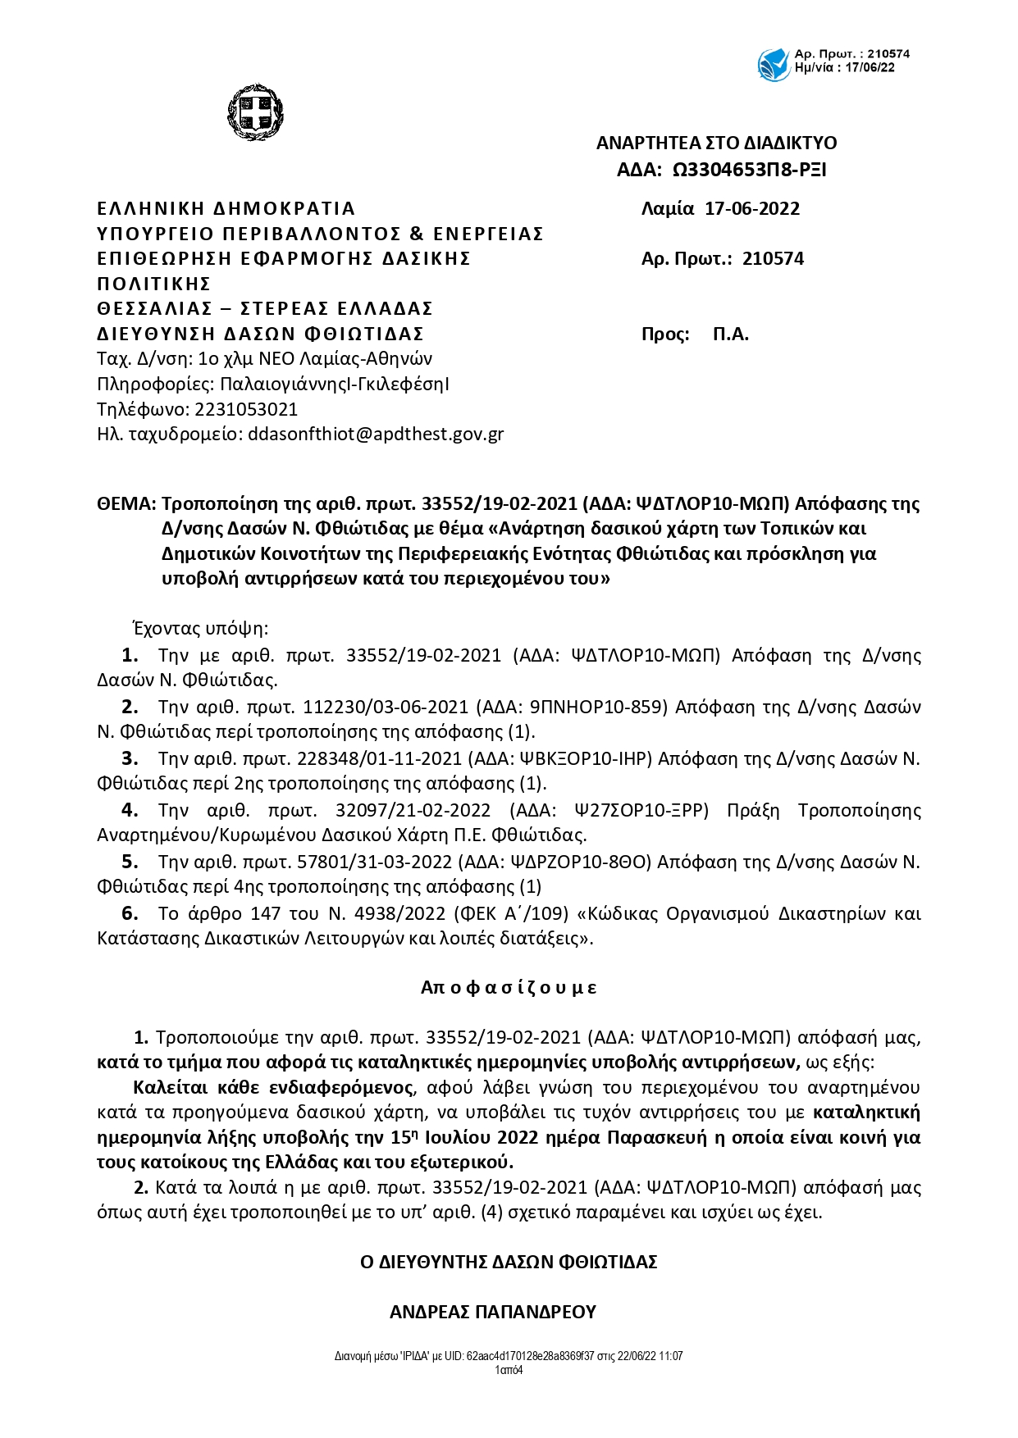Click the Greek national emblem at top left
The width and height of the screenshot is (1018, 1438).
tap(254, 112)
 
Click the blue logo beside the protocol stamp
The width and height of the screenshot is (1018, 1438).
tap(774, 64)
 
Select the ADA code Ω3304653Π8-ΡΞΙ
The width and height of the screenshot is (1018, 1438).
tap(749, 170)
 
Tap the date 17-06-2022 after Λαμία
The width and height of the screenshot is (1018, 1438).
tap(752, 208)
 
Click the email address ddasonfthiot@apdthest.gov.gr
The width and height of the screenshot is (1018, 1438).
tap(376, 434)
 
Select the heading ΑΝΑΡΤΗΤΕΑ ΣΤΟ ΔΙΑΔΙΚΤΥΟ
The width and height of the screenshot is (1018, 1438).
tap(716, 143)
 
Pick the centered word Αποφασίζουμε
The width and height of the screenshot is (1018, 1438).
tap(509, 987)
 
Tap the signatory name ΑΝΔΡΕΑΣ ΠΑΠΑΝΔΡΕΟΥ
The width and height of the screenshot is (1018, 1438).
tap(492, 1312)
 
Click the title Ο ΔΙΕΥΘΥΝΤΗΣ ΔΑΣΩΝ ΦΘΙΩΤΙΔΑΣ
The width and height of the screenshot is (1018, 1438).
tap(509, 1262)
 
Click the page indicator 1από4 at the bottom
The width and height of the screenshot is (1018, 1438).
tap(509, 1370)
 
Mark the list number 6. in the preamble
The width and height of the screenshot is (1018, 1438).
tap(130, 913)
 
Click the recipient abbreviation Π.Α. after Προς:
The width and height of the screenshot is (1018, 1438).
tap(731, 334)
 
